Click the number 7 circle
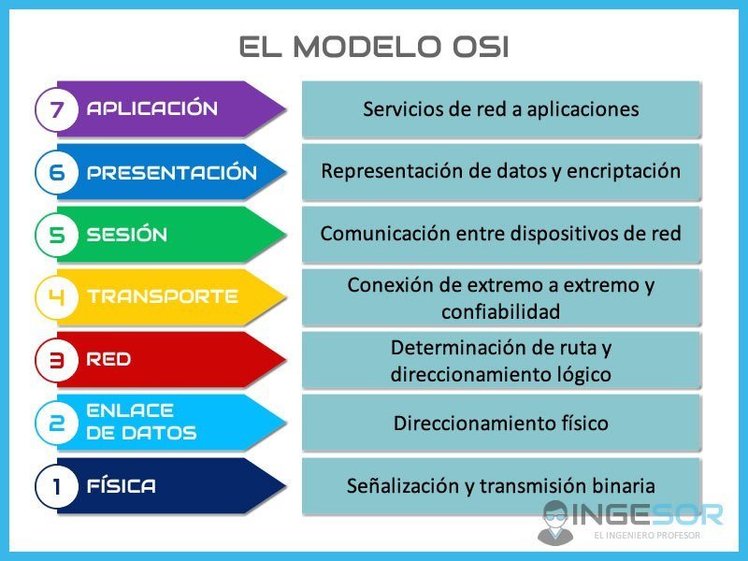click(57, 109)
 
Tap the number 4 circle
click(57, 297)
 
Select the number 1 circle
click(57, 486)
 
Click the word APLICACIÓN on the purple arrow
click(152, 108)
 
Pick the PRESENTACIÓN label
click(172, 172)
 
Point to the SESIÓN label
click(127, 235)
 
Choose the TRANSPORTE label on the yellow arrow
click(163, 297)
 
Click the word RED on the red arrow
click(108, 360)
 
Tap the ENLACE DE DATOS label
click(141, 422)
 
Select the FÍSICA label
click(122, 486)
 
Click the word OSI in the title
click(473, 47)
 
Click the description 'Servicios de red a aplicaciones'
click(500, 109)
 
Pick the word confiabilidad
click(500, 311)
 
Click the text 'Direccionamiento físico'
click(500, 423)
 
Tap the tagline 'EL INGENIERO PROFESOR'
click(646, 537)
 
